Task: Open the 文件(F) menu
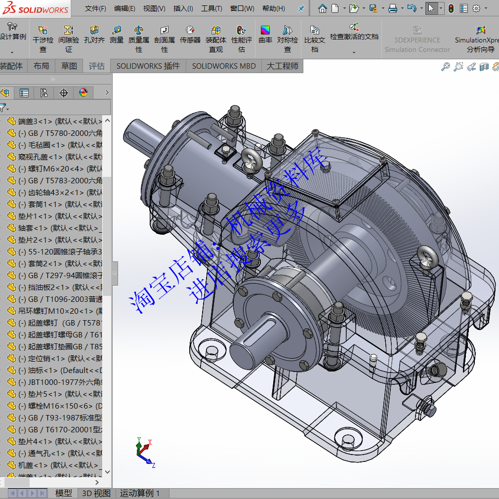click(x=95, y=8)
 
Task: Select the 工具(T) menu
click(x=211, y=8)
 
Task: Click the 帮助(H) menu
click(x=273, y=8)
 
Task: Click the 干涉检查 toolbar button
click(x=43, y=39)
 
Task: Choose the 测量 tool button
click(x=117, y=35)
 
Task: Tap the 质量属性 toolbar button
click(x=139, y=39)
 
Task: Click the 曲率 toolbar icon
click(x=265, y=35)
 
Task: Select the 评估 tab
click(x=97, y=66)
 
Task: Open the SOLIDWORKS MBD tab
click(x=224, y=66)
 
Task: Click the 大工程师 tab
click(x=283, y=66)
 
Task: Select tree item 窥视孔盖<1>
click(x=54, y=157)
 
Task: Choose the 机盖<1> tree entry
click(x=54, y=465)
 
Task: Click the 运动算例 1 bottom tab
click(x=140, y=493)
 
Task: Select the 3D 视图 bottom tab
click(x=96, y=493)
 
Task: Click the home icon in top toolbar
click(x=322, y=8)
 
